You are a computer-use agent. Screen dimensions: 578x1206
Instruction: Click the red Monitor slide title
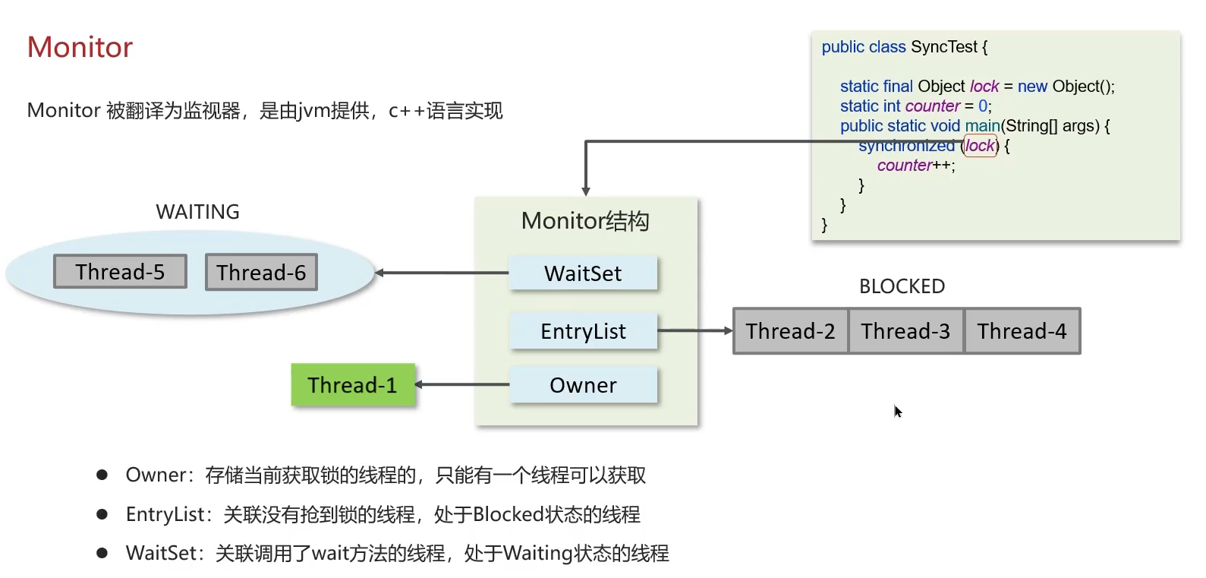[80, 47]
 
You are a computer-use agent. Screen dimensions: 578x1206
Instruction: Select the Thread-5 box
[120, 272]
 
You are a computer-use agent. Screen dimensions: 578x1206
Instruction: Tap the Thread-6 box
[261, 273]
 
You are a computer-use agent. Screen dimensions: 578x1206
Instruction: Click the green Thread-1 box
[353, 385]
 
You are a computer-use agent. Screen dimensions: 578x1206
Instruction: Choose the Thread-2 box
[790, 331]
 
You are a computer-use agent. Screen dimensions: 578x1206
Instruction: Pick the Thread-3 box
[905, 331]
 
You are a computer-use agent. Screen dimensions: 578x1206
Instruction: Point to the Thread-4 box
[1022, 331]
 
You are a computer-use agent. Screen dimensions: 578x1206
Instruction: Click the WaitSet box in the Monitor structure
[583, 273]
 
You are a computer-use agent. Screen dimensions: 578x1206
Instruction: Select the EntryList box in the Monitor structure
[583, 331]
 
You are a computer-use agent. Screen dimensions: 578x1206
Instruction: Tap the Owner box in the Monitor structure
[583, 385]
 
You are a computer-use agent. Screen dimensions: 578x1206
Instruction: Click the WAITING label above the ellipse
[197, 212]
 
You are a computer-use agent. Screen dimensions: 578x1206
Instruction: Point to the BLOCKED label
[902, 286]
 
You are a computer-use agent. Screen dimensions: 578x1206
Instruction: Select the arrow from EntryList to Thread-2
[694, 331]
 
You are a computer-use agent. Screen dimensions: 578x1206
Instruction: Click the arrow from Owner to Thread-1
[462, 384]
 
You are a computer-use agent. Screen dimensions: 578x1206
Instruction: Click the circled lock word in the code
[980, 145]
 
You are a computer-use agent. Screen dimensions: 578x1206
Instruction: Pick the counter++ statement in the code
[915, 166]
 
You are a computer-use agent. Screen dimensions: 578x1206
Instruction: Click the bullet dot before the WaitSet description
[102, 553]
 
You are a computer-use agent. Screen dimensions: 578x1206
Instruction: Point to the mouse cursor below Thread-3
[897, 411]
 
